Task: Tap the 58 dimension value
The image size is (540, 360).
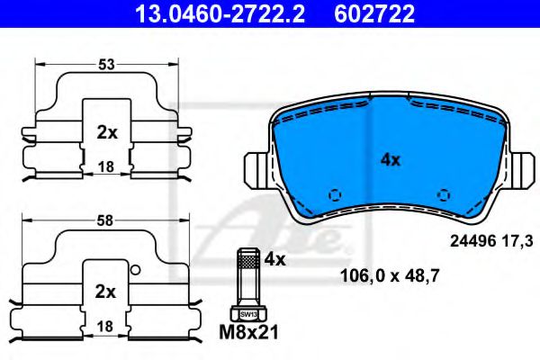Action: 107,220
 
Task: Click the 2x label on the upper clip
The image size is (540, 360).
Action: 107,132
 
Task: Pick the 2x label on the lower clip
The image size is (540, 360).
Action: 107,292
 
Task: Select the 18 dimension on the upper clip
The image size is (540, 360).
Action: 107,166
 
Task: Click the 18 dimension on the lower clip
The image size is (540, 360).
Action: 107,326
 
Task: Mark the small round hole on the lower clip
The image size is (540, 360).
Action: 135,270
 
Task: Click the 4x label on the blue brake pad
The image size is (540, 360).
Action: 389,159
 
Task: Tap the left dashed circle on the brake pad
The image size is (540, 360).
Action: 335,194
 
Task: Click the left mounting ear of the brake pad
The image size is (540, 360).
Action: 257,167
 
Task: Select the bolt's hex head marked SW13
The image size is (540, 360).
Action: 247,313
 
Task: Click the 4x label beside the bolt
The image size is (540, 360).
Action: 274,260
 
